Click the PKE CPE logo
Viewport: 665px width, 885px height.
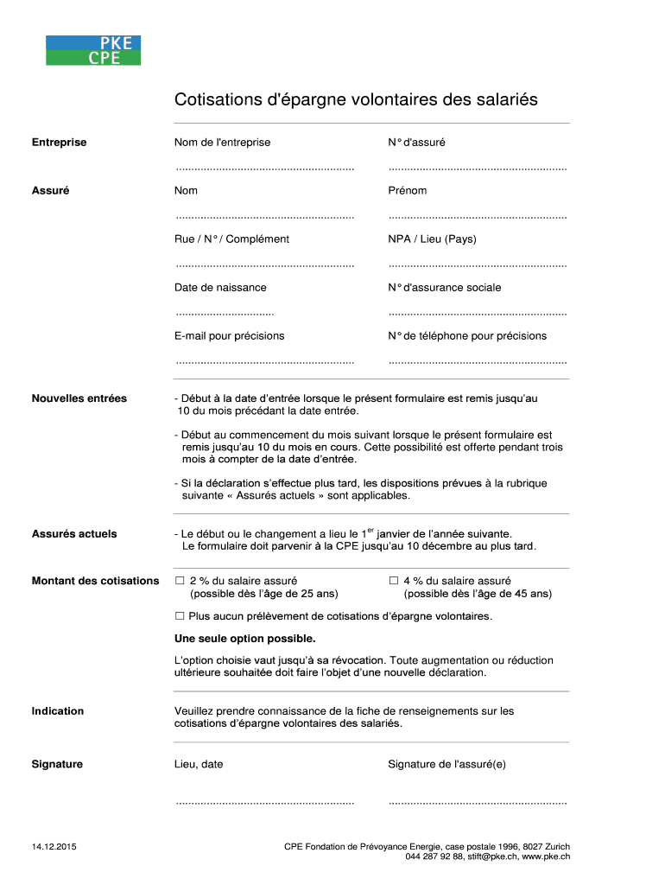(x=93, y=51)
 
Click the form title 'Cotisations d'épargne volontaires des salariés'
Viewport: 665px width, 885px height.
(x=356, y=100)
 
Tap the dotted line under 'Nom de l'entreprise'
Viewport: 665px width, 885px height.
(x=264, y=167)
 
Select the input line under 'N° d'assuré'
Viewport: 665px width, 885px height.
(x=478, y=167)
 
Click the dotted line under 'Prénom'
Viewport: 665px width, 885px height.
(x=478, y=215)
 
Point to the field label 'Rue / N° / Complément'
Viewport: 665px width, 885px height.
(x=231, y=239)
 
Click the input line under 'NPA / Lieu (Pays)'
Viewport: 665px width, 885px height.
(x=478, y=264)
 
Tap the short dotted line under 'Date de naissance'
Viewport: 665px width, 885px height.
(x=225, y=312)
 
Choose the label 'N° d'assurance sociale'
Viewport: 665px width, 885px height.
(x=444, y=288)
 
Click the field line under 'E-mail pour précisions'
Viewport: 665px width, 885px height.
(x=264, y=360)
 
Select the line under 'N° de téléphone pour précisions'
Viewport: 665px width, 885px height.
(x=478, y=360)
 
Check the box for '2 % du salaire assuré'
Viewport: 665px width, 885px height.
(x=180, y=581)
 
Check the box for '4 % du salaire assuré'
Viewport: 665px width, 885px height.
(x=394, y=581)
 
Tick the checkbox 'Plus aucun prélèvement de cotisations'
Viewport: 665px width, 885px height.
(x=180, y=616)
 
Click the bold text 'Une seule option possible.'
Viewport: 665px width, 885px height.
(x=244, y=640)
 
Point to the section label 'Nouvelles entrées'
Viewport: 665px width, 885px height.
(x=79, y=398)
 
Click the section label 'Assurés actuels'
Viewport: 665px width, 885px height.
(x=74, y=534)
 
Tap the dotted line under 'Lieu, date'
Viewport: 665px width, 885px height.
(x=264, y=803)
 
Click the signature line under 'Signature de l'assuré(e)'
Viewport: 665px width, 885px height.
(x=478, y=803)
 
